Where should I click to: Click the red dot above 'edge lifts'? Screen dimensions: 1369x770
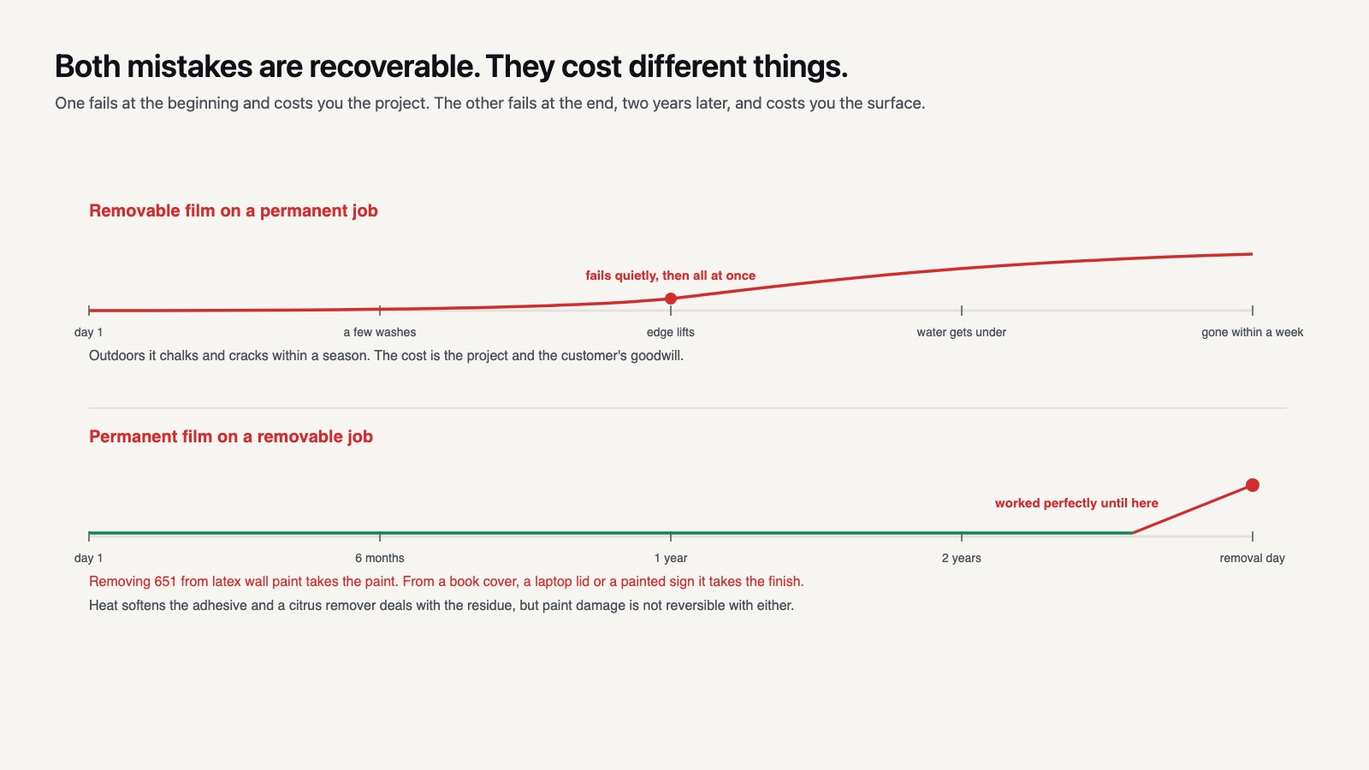click(671, 299)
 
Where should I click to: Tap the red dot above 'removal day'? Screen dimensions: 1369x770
click(1253, 485)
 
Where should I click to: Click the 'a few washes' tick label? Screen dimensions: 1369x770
click(380, 333)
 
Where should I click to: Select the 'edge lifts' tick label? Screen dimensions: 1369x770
click(671, 333)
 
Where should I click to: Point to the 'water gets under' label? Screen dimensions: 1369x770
click(962, 333)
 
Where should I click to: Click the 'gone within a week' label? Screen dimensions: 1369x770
click(1253, 333)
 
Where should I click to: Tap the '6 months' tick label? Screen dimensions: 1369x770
click(380, 558)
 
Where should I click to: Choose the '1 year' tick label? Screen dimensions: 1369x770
click(671, 558)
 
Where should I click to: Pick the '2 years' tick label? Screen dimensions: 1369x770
click(962, 558)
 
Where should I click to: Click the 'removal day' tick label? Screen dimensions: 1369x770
click(1253, 558)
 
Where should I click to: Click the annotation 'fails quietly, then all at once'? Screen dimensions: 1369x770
click(671, 275)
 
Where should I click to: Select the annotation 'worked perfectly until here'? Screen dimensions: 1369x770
click(1076, 503)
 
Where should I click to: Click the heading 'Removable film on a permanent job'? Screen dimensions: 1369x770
click(234, 210)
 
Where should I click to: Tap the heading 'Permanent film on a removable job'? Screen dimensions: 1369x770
click(231, 437)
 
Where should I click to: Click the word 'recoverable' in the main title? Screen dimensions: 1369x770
click(390, 66)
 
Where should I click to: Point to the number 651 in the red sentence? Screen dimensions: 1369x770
click(165, 582)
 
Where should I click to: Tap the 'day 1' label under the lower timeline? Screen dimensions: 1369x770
click(89, 558)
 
